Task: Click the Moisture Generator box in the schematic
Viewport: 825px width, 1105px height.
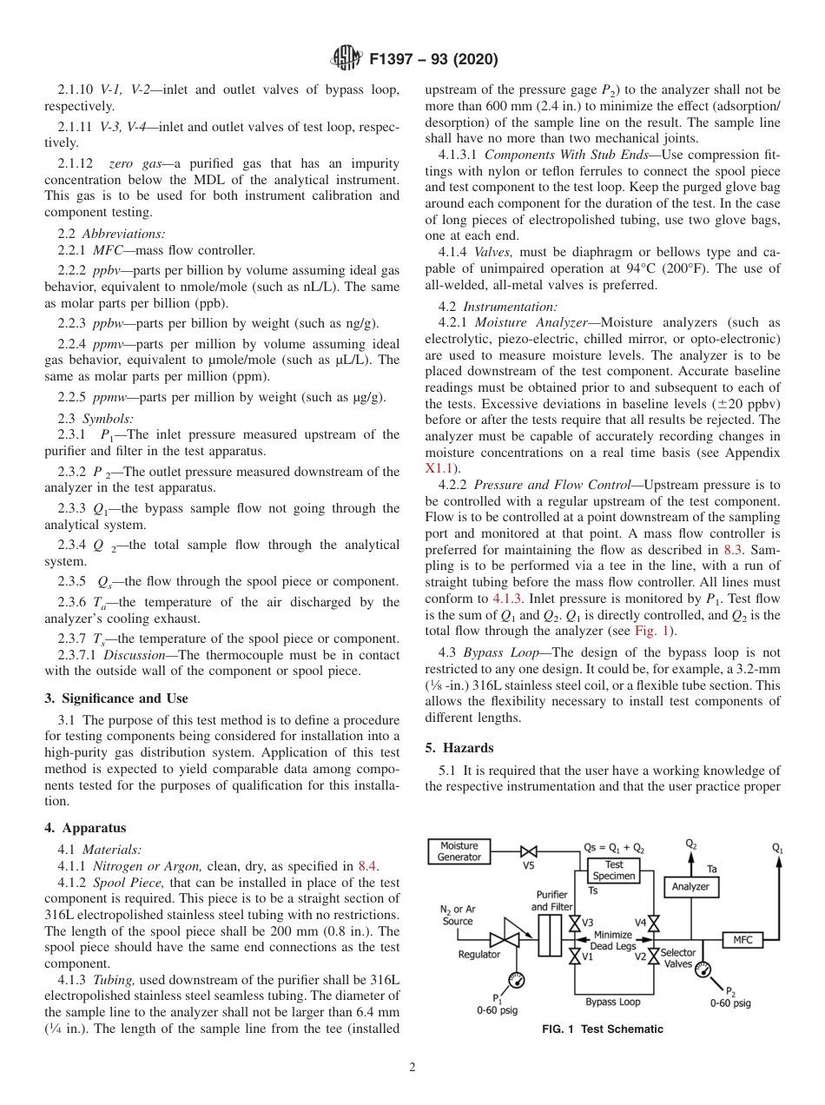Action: [459, 851]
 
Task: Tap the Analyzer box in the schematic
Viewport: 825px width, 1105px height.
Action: [690, 887]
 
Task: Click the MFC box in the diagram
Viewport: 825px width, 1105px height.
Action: [742, 940]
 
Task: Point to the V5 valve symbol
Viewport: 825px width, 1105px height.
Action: [528, 852]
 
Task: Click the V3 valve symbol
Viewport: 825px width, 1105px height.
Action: [574, 923]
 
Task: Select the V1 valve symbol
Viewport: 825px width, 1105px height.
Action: [574, 956]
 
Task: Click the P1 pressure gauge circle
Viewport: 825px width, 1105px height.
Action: [518, 980]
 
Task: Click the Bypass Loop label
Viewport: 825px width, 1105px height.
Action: [612, 1002]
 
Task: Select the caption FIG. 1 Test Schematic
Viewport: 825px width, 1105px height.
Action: [602, 1029]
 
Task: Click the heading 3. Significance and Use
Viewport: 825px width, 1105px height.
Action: [115, 698]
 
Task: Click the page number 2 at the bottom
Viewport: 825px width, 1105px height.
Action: [412, 1068]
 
